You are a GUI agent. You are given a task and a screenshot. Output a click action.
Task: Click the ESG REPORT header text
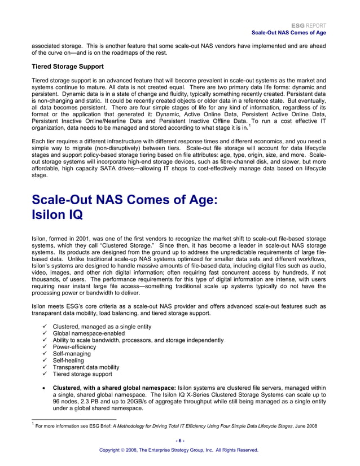(309, 26)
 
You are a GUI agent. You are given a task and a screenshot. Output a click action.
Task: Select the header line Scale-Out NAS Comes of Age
(289, 33)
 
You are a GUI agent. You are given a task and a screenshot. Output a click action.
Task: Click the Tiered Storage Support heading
(67, 67)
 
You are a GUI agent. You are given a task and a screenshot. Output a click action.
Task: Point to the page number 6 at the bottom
(179, 440)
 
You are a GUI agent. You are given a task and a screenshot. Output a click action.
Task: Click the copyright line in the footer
(179, 450)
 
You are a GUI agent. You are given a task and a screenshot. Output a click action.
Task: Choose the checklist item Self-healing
(68, 361)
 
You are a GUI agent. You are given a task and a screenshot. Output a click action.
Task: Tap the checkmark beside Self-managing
(44, 354)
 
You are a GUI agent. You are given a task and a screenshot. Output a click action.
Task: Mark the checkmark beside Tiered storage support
(44, 374)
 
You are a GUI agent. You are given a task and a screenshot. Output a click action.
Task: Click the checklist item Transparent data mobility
(86, 367)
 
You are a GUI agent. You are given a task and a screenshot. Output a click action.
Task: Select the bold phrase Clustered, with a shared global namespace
(114, 388)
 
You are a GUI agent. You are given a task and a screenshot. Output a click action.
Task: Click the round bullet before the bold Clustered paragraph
(44, 388)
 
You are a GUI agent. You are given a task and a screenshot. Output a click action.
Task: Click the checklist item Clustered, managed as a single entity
(102, 327)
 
